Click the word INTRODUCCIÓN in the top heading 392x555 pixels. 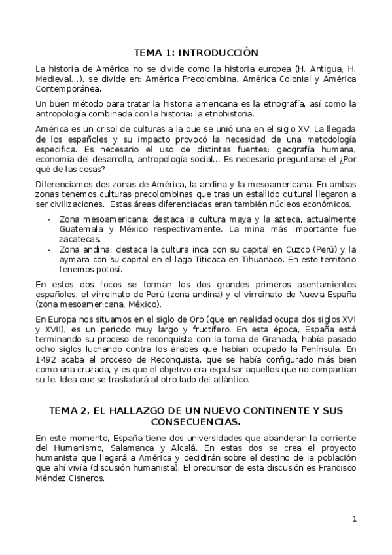(x=219, y=52)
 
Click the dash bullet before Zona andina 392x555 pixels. (x=50, y=250)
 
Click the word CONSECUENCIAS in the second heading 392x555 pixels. (x=196, y=422)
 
